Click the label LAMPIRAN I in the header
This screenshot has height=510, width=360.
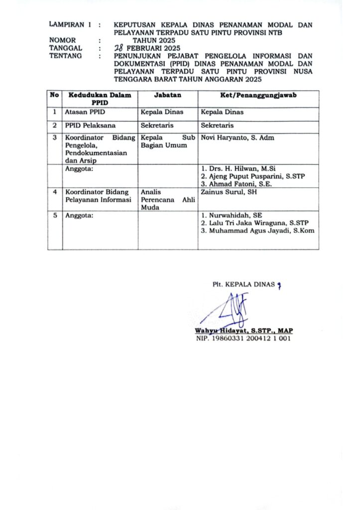click(70, 24)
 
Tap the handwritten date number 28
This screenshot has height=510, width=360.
click(119, 48)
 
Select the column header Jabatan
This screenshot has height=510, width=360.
click(168, 95)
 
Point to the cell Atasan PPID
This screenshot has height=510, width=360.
click(82, 112)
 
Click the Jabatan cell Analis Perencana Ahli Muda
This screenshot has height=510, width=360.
click(167, 199)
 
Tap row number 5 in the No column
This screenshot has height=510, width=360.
click(54, 215)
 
